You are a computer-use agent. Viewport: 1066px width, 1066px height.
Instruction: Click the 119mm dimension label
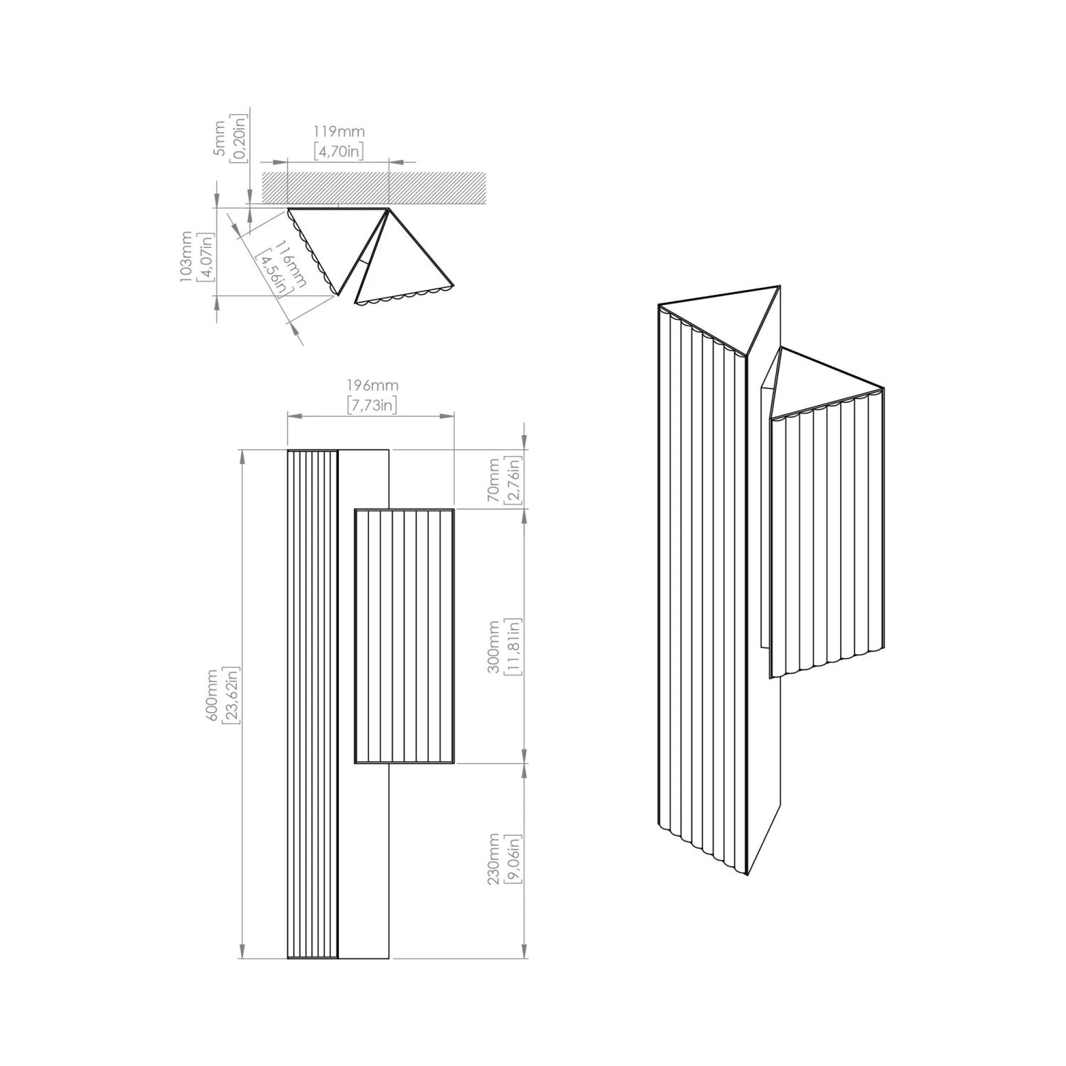click(339, 131)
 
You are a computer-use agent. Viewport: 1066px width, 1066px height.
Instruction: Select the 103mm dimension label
click(187, 257)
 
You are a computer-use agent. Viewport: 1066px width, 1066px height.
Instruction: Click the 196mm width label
click(372, 385)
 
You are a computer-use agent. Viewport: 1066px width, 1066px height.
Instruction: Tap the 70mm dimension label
click(494, 480)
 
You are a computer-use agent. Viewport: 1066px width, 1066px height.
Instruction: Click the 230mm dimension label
click(494, 858)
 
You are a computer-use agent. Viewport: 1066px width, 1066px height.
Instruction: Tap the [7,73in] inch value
click(372, 404)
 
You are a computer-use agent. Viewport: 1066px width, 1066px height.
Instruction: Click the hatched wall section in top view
click(374, 186)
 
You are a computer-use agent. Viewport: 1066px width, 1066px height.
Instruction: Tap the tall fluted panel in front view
click(312, 704)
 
